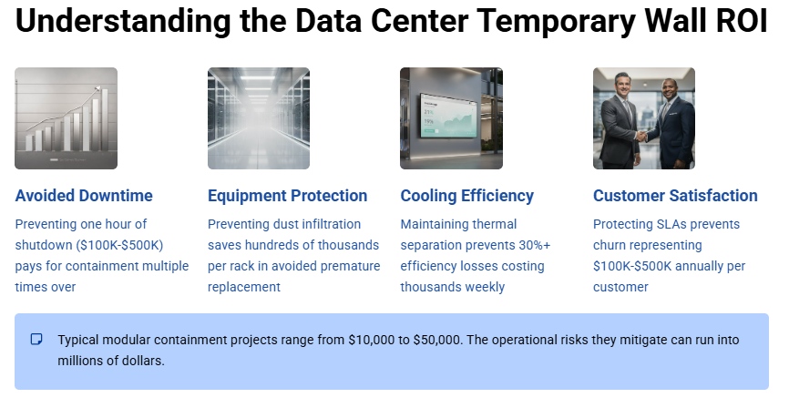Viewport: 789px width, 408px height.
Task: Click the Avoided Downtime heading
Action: click(x=84, y=196)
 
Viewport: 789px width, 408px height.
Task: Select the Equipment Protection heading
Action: click(x=287, y=196)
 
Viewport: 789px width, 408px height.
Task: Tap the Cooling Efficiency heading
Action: click(x=466, y=196)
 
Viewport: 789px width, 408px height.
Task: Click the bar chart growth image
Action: click(x=66, y=118)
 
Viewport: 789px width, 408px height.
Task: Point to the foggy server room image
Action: click(x=259, y=118)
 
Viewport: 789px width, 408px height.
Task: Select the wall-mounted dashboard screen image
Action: click(x=451, y=118)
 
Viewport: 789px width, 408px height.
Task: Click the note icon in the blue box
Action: click(x=36, y=340)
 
